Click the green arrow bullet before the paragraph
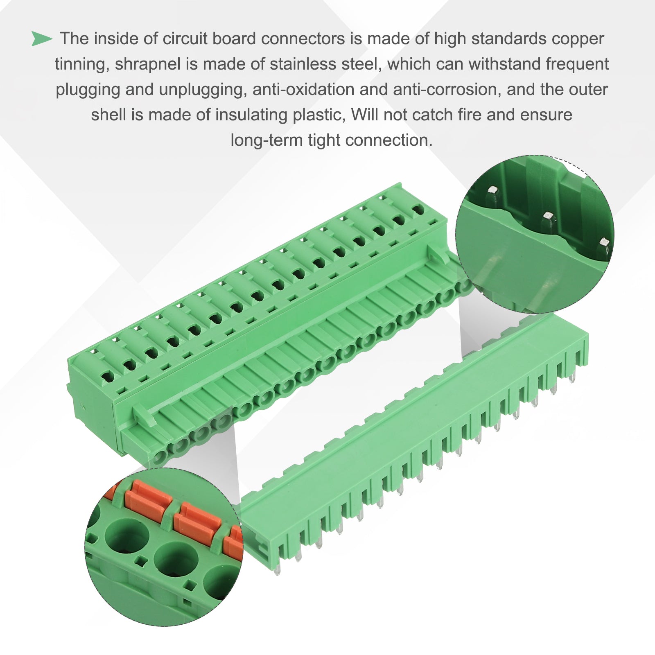coord(42,38)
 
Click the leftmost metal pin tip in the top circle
coord(492,190)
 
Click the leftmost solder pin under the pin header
coord(278,569)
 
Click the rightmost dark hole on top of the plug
coord(418,210)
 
